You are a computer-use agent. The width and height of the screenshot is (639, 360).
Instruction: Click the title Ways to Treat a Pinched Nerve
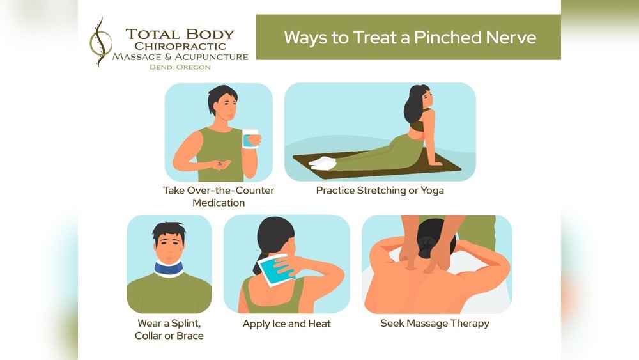[410, 36]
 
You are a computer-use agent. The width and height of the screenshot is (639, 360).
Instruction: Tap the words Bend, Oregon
[180, 67]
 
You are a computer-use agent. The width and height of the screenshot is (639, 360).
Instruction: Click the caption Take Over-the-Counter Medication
[219, 196]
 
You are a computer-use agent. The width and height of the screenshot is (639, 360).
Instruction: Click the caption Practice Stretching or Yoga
[380, 191]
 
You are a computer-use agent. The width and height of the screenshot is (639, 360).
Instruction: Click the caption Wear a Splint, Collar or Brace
[169, 329]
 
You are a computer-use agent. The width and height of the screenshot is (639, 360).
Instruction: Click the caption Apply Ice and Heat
[286, 324]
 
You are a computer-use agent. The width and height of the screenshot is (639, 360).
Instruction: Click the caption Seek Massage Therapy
[435, 323]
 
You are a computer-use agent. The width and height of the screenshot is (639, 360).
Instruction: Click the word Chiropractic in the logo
[180, 46]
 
